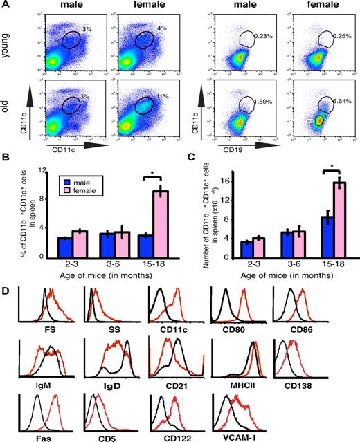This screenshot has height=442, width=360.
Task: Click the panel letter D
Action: pos(6,284)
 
